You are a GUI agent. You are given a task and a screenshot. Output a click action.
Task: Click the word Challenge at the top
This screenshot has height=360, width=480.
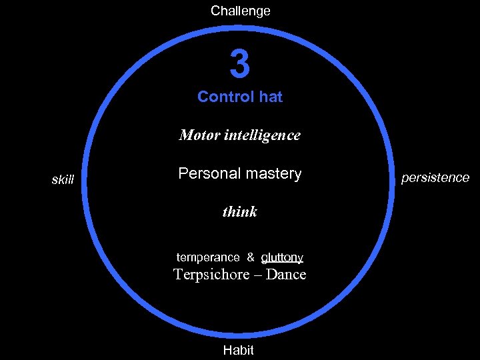click(240, 11)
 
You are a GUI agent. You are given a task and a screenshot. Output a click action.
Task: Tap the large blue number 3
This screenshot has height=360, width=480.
click(240, 65)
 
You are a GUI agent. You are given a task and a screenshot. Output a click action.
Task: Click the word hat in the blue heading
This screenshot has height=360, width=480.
click(271, 97)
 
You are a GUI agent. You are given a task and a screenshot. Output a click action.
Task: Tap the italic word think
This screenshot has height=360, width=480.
click(239, 212)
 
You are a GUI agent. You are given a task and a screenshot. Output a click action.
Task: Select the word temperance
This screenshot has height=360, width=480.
click(207, 257)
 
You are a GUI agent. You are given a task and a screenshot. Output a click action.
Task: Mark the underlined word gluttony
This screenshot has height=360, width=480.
click(282, 257)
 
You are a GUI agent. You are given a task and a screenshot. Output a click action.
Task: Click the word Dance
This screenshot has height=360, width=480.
click(285, 274)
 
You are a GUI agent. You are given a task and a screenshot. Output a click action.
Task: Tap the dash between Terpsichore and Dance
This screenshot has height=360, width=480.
click(257, 275)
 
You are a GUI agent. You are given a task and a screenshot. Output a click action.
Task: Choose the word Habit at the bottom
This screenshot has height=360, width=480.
click(239, 350)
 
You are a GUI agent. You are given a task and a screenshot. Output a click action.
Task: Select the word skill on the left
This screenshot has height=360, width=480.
click(63, 179)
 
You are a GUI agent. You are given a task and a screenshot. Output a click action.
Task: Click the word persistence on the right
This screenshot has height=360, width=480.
click(435, 178)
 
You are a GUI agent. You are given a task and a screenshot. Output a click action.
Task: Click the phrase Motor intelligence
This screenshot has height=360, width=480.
click(240, 135)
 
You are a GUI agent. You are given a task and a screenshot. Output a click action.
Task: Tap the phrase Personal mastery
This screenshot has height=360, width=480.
click(240, 174)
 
